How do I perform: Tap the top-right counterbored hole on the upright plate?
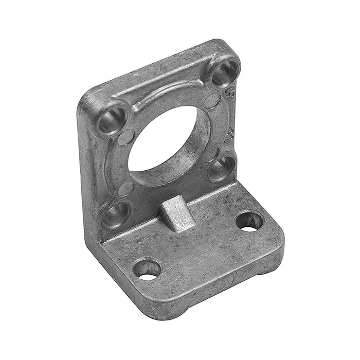click(x=224, y=72)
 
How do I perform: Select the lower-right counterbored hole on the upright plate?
click(x=221, y=168)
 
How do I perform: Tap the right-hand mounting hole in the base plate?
click(x=249, y=221)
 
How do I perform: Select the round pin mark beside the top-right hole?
click(x=212, y=100)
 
